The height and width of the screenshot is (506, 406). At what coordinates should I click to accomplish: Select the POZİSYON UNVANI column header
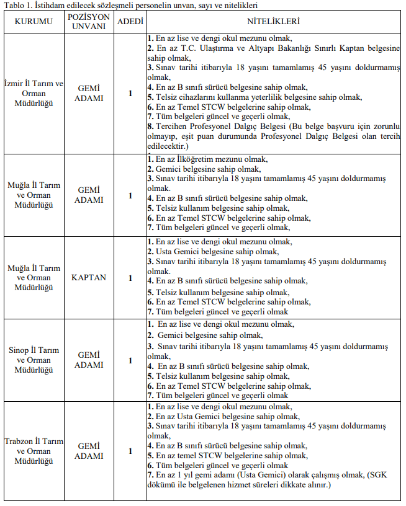(89, 22)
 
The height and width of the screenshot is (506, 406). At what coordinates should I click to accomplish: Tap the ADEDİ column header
(130, 22)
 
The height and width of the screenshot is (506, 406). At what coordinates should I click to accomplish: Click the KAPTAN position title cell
(89, 278)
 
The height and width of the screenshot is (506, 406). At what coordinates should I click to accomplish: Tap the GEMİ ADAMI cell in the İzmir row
(89, 93)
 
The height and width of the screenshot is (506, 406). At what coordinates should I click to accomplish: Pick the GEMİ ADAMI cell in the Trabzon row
(89, 451)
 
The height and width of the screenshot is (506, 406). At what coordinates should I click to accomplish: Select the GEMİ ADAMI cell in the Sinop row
(89, 360)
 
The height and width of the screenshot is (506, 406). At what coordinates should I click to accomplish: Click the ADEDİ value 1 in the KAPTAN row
(130, 278)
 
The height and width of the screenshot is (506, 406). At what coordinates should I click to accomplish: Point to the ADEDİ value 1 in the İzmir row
(130, 93)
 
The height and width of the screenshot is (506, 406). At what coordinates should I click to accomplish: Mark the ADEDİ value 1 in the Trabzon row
(130, 451)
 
